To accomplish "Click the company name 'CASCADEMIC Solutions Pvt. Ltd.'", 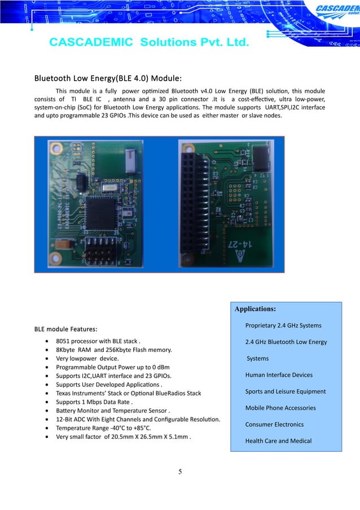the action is point(148,42).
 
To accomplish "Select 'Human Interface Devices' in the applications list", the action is point(279,375).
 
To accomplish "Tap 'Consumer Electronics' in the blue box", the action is point(274,424).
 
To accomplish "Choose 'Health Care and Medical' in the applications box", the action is point(278,441).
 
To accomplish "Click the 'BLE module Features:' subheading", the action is point(66,329).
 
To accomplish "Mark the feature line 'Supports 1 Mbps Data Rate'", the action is point(94,402).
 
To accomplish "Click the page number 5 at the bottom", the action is point(179,472).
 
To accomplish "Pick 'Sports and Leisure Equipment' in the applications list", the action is point(285,391).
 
